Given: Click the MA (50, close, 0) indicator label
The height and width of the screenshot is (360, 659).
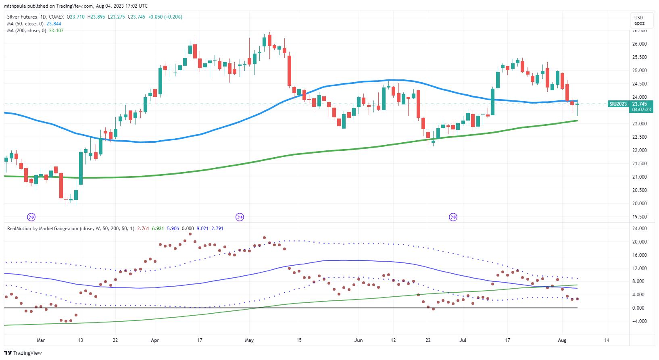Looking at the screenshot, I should (25, 24).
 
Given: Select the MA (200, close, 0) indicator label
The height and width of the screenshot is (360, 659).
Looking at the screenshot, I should (26, 30).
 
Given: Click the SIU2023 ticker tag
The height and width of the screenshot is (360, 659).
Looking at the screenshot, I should (617, 104).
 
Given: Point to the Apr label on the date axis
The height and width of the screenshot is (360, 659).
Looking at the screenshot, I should (155, 340).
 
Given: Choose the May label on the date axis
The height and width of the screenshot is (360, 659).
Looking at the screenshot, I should (249, 340).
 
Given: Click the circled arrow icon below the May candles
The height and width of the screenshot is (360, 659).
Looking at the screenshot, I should (240, 217).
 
